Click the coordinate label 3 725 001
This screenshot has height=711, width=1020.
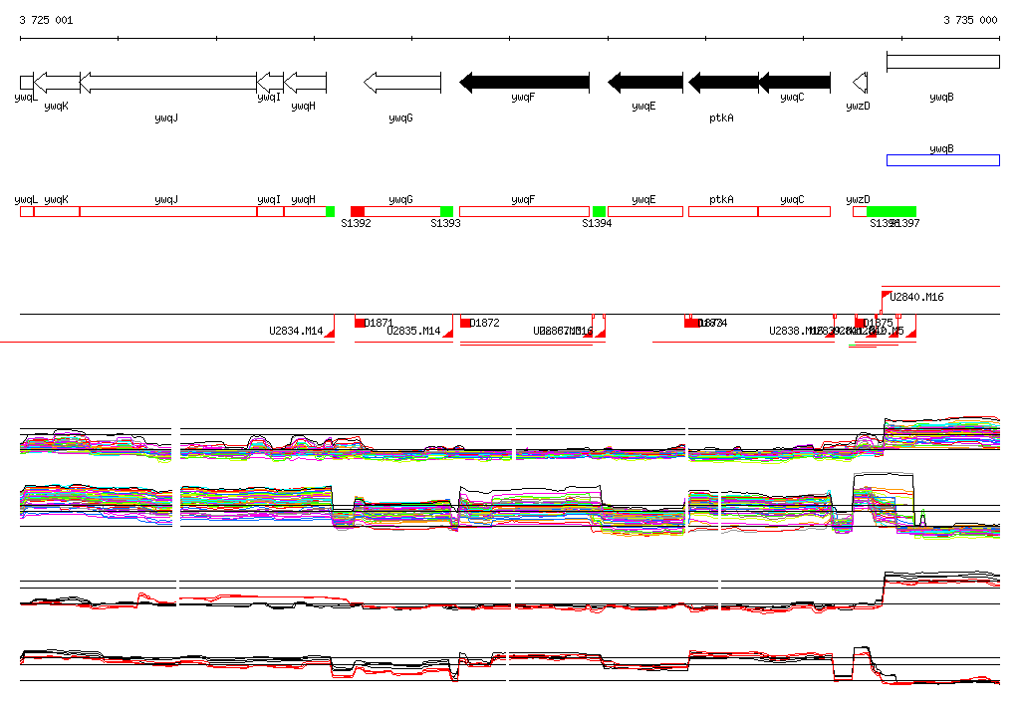pyautogui.click(x=46, y=20)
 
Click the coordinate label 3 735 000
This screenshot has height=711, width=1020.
pyautogui.click(x=971, y=20)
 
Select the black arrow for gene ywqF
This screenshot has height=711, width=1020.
pyautogui.click(x=524, y=83)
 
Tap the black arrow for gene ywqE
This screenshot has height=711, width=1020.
pyautogui.click(x=645, y=83)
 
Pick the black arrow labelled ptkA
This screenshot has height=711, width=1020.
pyautogui.click(x=723, y=83)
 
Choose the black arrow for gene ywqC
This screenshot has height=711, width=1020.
pyautogui.click(x=795, y=83)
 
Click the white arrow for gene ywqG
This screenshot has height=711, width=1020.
pyautogui.click(x=402, y=83)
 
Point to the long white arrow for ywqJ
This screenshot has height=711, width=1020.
pyautogui.click(x=167, y=83)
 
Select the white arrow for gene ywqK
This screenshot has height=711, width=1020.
pyautogui.click(x=57, y=83)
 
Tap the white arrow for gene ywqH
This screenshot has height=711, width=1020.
pyautogui.click(x=305, y=83)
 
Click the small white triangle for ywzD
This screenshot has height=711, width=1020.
pyautogui.click(x=860, y=83)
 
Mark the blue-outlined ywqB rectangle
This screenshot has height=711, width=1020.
pyautogui.click(x=942, y=160)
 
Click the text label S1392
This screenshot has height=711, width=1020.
pyautogui.click(x=356, y=224)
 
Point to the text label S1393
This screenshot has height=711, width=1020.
pyautogui.click(x=445, y=224)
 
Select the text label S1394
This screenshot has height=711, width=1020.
pyautogui.click(x=597, y=224)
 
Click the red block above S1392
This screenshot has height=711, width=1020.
pyautogui.click(x=358, y=212)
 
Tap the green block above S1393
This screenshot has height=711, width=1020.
pyautogui.click(x=446, y=212)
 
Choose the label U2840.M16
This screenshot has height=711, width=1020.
pyautogui.click(x=916, y=297)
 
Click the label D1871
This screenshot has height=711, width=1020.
pyautogui.click(x=379, y=323)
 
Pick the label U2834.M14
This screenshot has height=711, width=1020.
pyautogui.click(x=296, y=331)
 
